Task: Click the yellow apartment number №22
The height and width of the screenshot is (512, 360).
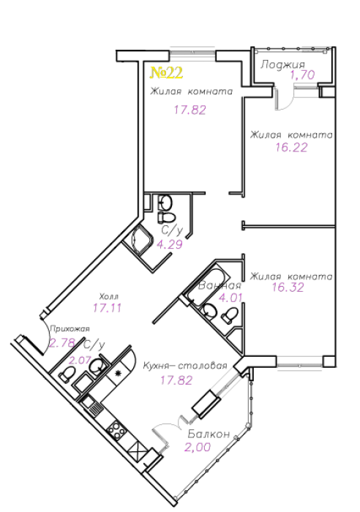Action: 166,73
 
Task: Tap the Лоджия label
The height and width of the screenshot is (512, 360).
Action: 282,64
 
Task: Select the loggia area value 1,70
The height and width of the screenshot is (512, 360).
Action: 302,75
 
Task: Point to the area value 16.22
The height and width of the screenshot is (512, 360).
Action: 291,147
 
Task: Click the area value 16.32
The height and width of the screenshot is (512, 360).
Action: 288,287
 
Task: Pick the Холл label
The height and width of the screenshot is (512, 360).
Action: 109,296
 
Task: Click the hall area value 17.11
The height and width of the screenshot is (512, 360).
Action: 107,308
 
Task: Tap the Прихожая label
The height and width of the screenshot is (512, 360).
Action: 70,329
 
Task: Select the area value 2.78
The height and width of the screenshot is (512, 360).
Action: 62,342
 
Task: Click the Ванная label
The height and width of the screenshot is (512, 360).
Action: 220,286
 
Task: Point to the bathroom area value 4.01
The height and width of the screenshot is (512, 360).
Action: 230,298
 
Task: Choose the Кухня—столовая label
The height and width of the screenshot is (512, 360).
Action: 185,366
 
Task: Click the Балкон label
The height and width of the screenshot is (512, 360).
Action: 209,434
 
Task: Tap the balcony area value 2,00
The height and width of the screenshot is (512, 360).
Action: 198,447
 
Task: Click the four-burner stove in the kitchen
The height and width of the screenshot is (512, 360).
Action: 117,431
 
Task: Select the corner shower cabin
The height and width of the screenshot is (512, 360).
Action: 140,240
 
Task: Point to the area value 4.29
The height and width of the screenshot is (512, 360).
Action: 170,244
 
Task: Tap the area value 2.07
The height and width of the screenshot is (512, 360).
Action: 80,360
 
